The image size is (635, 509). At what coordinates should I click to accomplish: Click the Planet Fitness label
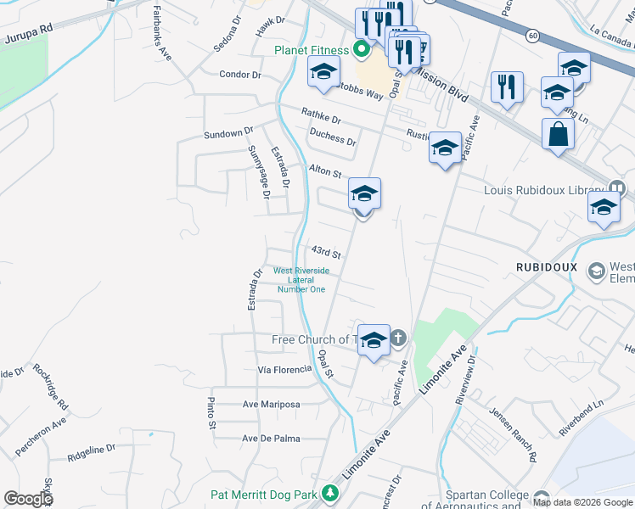pos(312,50)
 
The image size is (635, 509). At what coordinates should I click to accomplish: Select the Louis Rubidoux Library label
pos(542,190)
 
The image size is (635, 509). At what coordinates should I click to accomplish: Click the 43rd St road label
pos(325,253)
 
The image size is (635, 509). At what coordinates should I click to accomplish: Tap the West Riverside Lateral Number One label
pos(301,280)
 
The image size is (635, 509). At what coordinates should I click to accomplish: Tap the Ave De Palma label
pos(271,439)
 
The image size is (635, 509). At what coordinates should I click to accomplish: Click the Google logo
pos(28,499)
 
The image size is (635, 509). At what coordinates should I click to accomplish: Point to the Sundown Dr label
pos(228,133)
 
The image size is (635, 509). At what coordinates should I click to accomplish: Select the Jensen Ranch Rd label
pos(513,433)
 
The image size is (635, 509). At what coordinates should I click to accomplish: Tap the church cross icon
pos(398,338)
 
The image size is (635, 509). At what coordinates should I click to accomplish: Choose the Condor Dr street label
pos(240,75)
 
